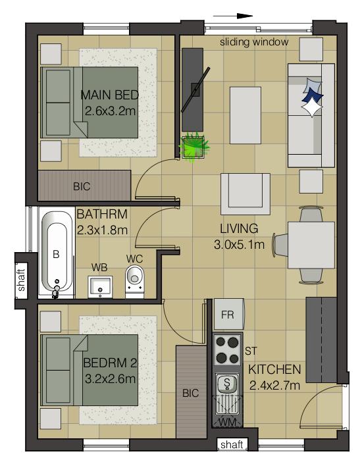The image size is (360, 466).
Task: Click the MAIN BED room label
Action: point(109,95)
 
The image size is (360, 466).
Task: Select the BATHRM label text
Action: point(102,215)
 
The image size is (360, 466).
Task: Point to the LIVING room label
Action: point(238,229)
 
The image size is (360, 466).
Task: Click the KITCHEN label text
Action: point(274,369)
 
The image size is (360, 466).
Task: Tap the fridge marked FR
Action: point(228,314)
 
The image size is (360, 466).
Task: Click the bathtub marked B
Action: point(57,253)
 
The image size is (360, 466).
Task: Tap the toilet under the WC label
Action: point(135,279)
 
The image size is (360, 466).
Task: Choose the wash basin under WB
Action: point(100,285)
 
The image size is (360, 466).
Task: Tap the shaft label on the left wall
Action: point(22,280)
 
